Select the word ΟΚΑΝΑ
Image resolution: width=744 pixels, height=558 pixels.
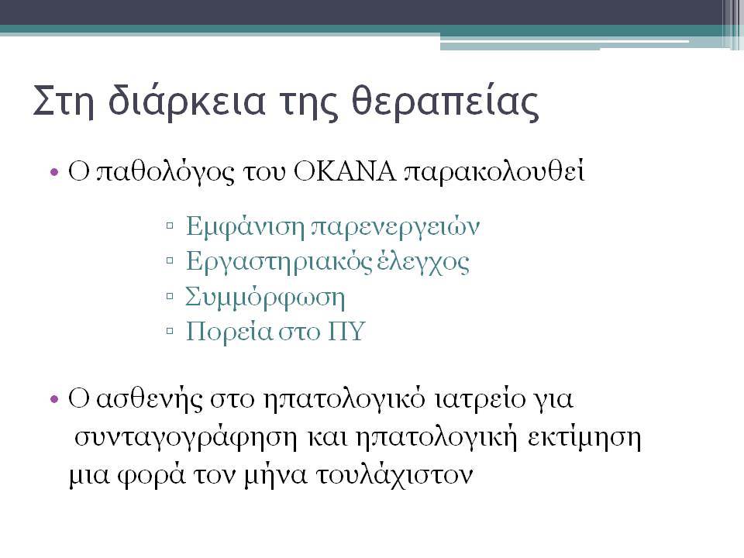tap(344, 172)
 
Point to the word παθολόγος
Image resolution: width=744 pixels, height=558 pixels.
tap(165, 173)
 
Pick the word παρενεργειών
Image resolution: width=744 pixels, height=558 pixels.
tap(395, 227)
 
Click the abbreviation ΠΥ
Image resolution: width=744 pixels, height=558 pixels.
tap(346, 331)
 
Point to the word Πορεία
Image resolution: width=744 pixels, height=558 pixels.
tap(229, 332)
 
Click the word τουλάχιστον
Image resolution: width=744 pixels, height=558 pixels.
tap(394, 475)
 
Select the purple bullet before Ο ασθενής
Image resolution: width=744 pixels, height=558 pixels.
tap(54, 400)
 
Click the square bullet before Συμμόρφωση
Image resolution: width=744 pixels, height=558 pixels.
tap(170, 297)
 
